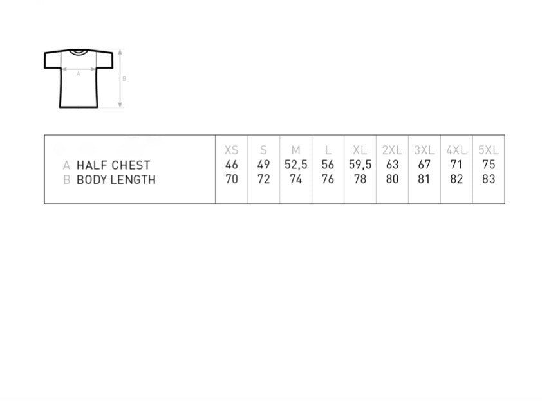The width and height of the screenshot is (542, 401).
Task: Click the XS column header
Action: coord(231,150)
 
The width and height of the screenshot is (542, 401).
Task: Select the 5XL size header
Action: coord(489,150)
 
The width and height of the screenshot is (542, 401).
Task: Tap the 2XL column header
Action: coord(392,150)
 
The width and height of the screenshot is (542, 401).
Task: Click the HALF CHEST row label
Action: coord(113,165)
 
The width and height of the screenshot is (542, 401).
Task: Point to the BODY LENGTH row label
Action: coord(116,180)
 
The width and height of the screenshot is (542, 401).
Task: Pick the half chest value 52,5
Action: coord(296,165)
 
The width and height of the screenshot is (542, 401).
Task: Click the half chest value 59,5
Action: coord(360,165)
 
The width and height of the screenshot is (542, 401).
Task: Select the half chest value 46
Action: coord(231,165)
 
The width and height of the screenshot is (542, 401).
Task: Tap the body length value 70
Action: coord(231,179)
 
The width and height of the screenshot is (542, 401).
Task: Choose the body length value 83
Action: coord(489,179)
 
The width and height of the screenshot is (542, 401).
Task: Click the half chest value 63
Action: coord(392,165)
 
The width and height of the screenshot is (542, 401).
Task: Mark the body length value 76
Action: coord(328,179)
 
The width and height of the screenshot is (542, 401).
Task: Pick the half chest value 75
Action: coord(489,165)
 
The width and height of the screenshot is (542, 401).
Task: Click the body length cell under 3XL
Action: coord(424,179)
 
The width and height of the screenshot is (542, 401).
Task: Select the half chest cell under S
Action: coord(263,165)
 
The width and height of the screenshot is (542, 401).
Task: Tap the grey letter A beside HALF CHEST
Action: coord(66,166)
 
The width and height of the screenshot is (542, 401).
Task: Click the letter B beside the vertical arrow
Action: coord(124,78)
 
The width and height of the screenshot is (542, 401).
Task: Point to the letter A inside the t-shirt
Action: coord(79,73)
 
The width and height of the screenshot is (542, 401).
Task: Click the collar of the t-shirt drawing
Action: coord(78,53)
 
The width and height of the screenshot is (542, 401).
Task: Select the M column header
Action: coord(295,150)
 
